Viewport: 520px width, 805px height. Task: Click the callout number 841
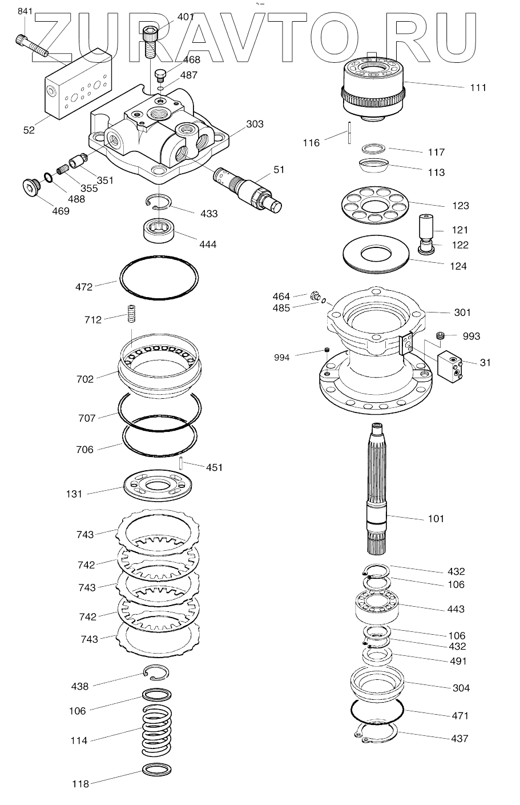(x=26, y=11)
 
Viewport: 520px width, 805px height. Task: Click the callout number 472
(x=84, y=287)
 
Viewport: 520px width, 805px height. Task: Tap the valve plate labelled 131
(x=158, y=486)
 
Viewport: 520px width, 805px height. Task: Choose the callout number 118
(x=80, y=784)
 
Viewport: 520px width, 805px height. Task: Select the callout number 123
(x=460, y=206)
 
